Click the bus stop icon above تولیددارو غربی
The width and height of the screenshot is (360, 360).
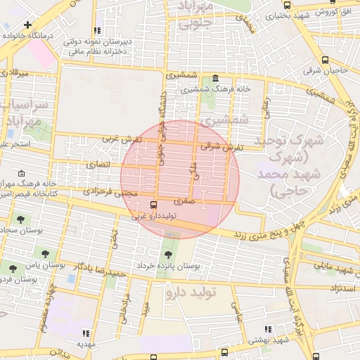pyautogui.click(x=153, y=205)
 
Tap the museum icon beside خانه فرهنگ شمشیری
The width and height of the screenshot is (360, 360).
pyautogui.click(x=214, y=78)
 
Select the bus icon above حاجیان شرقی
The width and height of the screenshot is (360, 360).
pyautogui.click(x=325, y=60)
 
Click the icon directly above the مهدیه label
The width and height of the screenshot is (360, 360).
pyautogui.click(x=86, y=333)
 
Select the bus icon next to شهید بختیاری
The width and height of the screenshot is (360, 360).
pyautogui.click(x=262, y=13)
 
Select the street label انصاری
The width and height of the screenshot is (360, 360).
pyautogui.click(x=99, y=165)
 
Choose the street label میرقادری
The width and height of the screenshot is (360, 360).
pyautogui.click(x=14, y=72)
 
